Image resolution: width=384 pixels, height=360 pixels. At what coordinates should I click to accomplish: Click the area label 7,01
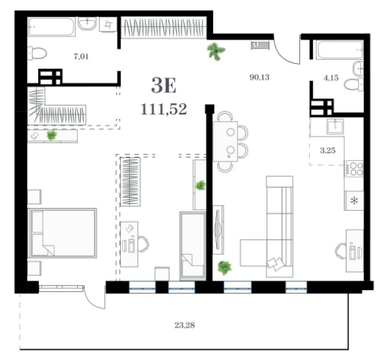click(x=81, y=56)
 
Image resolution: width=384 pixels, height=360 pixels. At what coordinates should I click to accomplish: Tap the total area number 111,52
click(x=164, y=109)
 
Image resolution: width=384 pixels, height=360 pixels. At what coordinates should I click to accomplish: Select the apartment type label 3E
click(x=164, y=85)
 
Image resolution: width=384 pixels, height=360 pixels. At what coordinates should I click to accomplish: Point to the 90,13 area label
click(x=259, y=77)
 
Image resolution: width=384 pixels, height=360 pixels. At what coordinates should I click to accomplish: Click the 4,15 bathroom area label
click(x=331, y=78)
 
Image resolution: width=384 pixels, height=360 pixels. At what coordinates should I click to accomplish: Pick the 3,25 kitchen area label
click(x=328, y=151)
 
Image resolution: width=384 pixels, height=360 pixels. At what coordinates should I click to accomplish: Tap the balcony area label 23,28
click(x=185, y=325)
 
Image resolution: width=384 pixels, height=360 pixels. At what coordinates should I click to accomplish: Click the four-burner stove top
click(x=354, y=169)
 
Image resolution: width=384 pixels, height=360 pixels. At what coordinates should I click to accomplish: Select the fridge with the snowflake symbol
click(x=354, y=200)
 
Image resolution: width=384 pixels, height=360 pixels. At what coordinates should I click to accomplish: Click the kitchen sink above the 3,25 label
click(x=335, y=126)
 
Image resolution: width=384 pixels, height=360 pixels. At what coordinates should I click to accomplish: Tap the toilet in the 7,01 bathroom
click(x=37, y=53)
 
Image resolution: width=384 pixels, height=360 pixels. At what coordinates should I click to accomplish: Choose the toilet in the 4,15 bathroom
click(x=354, y=85)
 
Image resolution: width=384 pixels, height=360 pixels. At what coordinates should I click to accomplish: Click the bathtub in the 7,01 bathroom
click(x=51, y=27)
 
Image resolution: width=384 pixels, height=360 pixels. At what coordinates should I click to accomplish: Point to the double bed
click(x=62, y=233)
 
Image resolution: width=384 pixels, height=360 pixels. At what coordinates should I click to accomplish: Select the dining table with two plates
click(x=225, y=142)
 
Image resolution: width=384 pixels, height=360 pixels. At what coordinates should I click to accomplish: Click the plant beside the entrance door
click(x=216, y=51)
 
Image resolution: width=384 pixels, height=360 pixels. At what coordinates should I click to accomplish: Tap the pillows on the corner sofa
click(x=276, y=264)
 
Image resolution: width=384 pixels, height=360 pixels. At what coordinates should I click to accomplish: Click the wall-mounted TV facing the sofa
click(x=218, y=230)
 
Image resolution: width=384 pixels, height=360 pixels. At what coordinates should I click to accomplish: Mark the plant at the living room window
click(x=224, y=268)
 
